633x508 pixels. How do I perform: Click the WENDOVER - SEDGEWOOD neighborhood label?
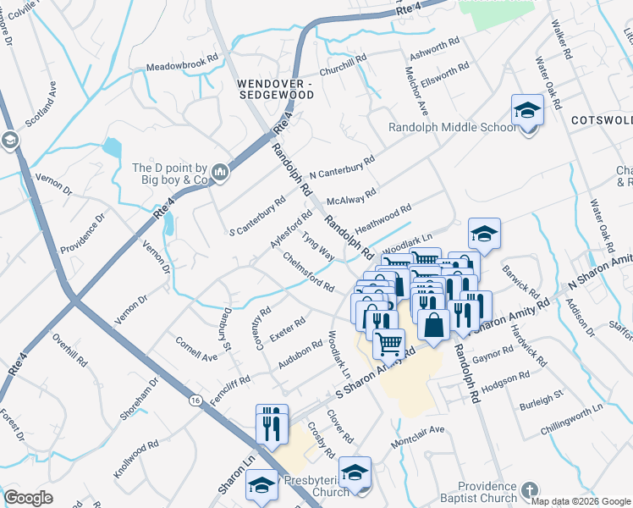[275, 90]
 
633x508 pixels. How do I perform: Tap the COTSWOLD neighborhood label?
[600, 120]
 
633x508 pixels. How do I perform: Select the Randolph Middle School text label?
[451, 128]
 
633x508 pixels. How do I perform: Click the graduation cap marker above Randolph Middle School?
[526, 112]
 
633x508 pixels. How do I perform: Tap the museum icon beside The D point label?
[222, 174]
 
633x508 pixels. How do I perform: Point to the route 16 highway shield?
[195, 399]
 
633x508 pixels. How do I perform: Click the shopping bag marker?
[432, 325]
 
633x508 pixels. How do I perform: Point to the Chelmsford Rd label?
[309, 273]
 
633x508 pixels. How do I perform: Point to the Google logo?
[28, 498]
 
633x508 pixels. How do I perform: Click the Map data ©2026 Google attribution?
[580, 501]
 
